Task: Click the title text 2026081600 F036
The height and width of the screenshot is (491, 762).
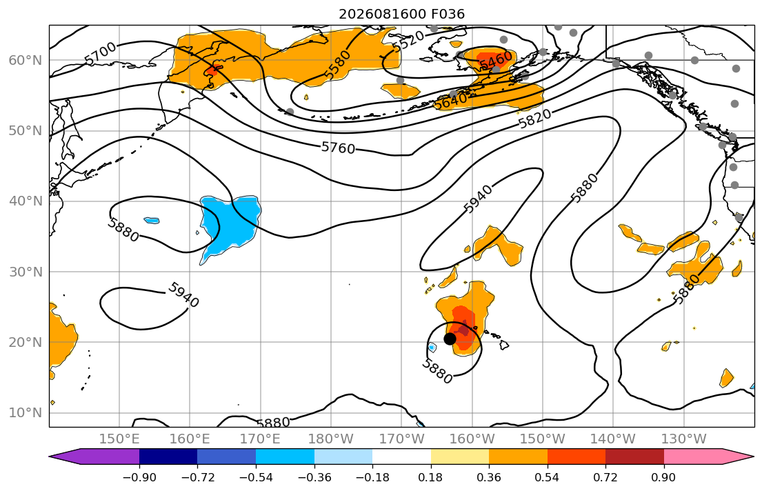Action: (401, 14)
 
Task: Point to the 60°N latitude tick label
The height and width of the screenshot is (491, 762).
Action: (26, 60)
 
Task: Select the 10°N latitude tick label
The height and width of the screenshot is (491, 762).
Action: (26, 413)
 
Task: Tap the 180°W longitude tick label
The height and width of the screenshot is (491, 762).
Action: (331, 439)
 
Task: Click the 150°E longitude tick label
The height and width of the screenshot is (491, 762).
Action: (119, 439)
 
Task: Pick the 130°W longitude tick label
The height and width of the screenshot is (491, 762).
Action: (684, 439)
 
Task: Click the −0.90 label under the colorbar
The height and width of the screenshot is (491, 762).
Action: (139, 477)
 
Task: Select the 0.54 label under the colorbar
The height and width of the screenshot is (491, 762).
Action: (548, 477)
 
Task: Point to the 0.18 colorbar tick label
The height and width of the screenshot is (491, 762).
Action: (430, 477)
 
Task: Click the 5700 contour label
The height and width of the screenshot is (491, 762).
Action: (101, 54)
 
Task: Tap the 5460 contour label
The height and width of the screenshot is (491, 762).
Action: (496, 60)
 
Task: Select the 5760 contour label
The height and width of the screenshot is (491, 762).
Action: (338, 148)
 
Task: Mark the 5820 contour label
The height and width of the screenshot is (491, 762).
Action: (534, 118)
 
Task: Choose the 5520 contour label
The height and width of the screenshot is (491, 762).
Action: (408, 41)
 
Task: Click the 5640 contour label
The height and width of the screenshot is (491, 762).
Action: (450, 101)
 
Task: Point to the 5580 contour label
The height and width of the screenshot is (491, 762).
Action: (337, 65)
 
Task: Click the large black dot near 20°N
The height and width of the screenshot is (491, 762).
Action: (450, 339)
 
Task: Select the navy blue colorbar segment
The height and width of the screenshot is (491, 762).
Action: (168, 457)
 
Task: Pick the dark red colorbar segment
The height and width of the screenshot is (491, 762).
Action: (634, 457)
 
